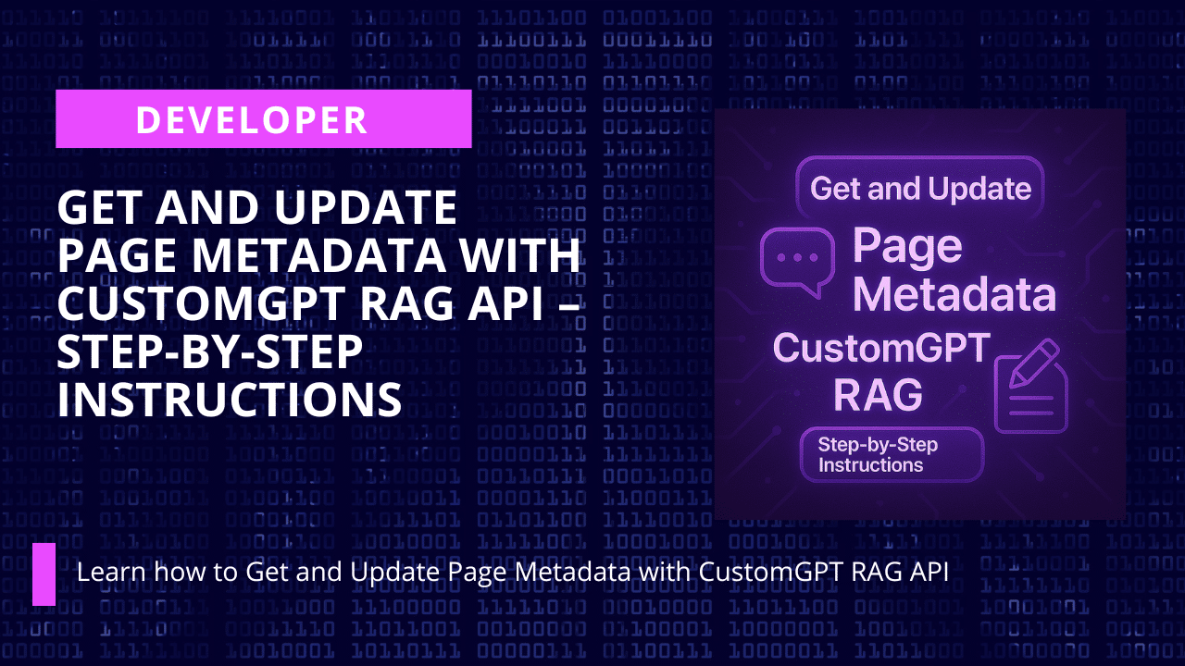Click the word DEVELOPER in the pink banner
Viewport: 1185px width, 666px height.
coord(252,120)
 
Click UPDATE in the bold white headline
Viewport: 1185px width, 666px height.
coord(366,208)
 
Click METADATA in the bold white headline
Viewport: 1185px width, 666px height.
coord(319,255)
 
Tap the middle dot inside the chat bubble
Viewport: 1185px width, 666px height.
coord(798,257)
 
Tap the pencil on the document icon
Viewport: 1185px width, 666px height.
coord(1034,364)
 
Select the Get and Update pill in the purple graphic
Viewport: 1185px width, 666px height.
coord(920,188)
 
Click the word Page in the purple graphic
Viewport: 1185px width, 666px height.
coord(907,246)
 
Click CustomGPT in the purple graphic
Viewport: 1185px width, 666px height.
coord(881,348)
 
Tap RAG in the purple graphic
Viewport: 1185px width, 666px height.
coord(879,394)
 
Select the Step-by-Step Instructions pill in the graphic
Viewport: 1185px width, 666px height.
coord(892,454)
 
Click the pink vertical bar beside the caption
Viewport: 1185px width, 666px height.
coord(44,574)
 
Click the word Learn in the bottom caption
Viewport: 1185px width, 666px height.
coord(110,572)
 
